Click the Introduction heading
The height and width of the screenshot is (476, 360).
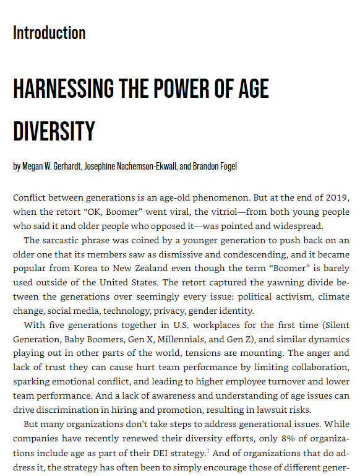[49, 33]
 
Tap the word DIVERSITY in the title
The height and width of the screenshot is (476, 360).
[54, 131]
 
